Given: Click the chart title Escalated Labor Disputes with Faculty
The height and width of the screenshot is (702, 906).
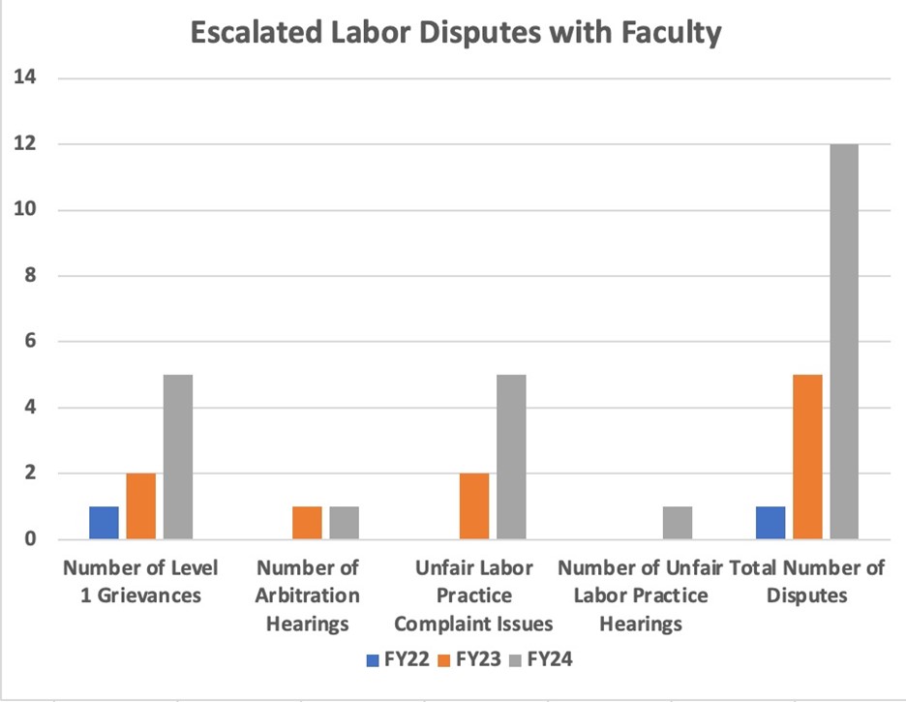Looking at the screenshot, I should (x=455, y=33).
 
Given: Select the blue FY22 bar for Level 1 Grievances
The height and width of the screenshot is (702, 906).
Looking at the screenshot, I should (x=104, y=522).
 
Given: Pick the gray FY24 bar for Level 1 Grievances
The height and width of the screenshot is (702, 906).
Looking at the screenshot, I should (x=178, y=456).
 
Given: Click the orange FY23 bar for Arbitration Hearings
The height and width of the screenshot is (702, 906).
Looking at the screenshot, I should (x=307, y=522).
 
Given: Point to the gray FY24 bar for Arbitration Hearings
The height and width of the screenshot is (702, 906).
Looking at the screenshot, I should (x=344, y=522).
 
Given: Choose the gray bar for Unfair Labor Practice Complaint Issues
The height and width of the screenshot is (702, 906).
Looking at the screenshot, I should (x=511, y=456).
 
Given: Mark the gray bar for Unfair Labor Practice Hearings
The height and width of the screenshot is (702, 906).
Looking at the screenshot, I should (x=678, y=522).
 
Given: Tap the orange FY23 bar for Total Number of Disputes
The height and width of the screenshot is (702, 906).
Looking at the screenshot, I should (x=807, y=456).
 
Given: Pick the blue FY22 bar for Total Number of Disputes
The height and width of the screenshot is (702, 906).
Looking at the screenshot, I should (x=770, y=522).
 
